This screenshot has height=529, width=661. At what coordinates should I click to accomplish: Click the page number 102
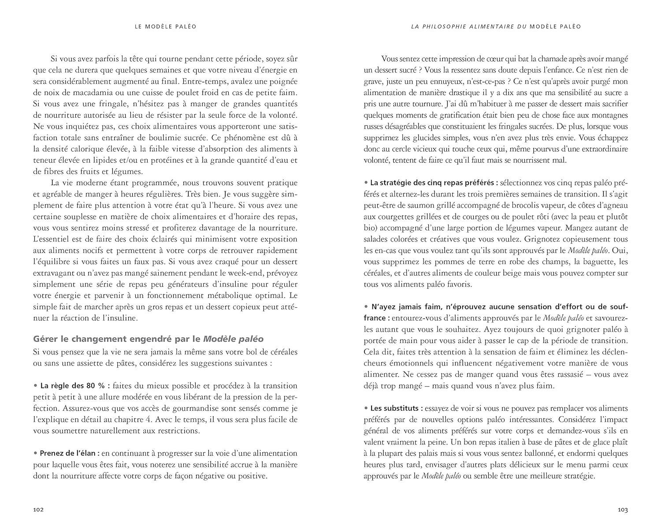[x=38, y=510]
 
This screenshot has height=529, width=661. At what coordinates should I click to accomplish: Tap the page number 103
[x=622, y=510]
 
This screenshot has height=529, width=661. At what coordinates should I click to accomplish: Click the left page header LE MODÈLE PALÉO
[x=165, y=26]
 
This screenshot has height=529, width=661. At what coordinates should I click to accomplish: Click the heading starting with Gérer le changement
[x=149, y=339]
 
